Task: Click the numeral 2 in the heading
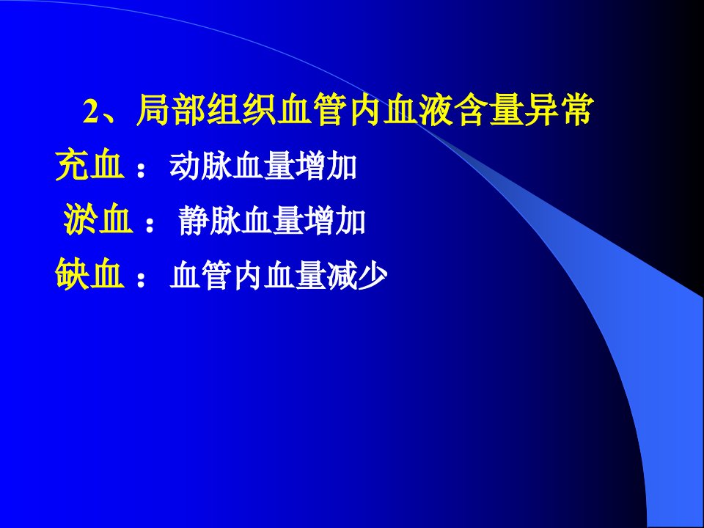pos(90,111)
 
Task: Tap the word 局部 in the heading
pos(172,110)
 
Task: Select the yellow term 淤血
pos(98,219)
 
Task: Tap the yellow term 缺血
pos(89,274)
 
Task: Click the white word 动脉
pos(201,166)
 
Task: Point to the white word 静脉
pos(209,221)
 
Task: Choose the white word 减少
pos(357,275)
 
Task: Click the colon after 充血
pos(141,170)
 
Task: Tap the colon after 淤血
pos(150,224)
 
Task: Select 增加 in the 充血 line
pos(326,166)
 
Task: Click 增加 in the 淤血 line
pos(334,221)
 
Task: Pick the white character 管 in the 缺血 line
pos(216,275)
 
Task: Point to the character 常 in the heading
pos(576,110)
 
